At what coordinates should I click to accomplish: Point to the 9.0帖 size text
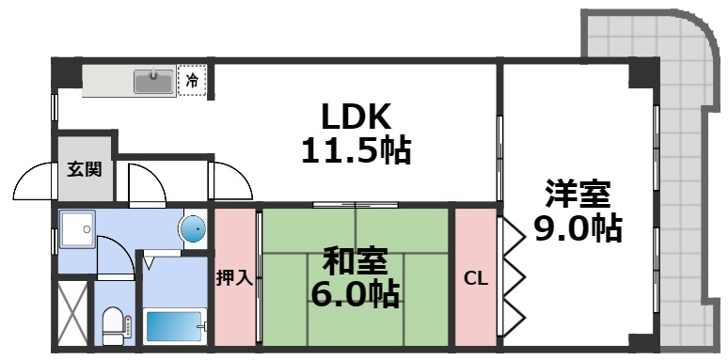578,228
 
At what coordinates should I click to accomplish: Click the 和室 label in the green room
355,259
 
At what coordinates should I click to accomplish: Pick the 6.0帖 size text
355,293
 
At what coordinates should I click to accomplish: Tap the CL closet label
475,278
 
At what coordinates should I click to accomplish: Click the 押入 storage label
233,278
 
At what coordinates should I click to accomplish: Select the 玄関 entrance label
84,170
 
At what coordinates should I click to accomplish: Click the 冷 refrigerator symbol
192,81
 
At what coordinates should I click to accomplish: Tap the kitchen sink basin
153,82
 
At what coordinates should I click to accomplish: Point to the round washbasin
193,228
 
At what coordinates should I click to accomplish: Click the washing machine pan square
75,228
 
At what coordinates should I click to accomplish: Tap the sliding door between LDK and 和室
356,204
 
